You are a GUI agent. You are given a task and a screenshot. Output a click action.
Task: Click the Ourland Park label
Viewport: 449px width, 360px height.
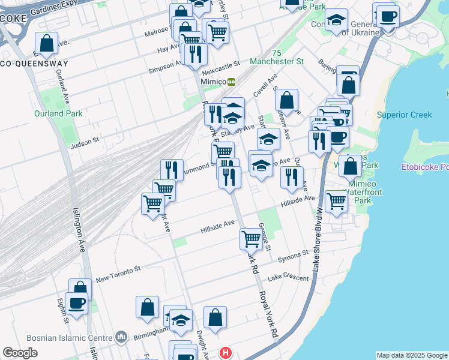[x=50, y=113]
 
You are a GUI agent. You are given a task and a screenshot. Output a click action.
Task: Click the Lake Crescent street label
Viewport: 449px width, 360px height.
[x=288, y=277]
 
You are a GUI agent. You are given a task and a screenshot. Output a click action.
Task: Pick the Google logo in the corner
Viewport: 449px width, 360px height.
[x=20, y=353]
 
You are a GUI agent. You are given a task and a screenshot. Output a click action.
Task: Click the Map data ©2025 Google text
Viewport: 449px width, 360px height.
[x=411, y=355]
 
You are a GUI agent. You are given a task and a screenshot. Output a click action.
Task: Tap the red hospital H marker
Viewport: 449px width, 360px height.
[x=225, y=353]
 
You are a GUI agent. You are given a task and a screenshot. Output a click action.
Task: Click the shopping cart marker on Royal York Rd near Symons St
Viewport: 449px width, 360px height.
[x=251, y=238]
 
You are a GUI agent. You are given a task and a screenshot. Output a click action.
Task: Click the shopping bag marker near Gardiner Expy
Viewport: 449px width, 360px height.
[x=46, y=43]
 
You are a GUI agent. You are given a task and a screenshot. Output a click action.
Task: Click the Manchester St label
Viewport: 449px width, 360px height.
[x=286, y=62]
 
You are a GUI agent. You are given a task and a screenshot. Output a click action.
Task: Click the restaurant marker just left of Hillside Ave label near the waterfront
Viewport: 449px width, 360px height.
[x=292, y=177]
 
